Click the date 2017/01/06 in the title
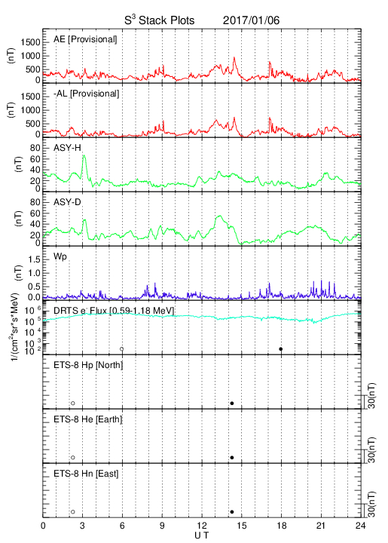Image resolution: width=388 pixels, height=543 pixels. point(251,20)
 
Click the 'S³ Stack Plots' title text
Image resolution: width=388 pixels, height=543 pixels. point(160,20)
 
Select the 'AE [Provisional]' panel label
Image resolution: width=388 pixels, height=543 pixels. point(85,39)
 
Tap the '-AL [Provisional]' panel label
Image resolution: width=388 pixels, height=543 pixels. point(87,94)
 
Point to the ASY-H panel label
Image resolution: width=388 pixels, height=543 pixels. point(67,148)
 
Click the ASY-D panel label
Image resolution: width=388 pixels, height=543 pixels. point(67,202)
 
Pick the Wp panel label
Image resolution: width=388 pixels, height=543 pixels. point(60,257)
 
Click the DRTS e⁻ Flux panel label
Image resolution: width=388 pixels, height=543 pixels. point(114,311)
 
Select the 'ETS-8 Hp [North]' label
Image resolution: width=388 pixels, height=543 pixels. point(88,365)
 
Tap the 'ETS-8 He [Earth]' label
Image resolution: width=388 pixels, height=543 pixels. point(88,419)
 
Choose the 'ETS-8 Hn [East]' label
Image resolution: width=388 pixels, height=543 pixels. point(86,474)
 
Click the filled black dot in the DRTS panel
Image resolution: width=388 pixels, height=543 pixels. point(281,349)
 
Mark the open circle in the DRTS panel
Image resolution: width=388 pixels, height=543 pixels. point(122,349)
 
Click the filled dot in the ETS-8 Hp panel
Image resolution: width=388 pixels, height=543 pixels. point(232,403)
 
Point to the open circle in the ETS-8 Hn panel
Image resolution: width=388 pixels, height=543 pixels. point(73,512)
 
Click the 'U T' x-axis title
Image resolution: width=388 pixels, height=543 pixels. point(202,535)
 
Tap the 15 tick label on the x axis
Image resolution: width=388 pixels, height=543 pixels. point(242,526)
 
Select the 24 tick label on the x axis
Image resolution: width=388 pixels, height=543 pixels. point(361,526)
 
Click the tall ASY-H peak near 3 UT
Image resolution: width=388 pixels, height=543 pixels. point(84,156)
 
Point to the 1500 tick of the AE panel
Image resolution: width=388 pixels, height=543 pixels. point(30,42)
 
